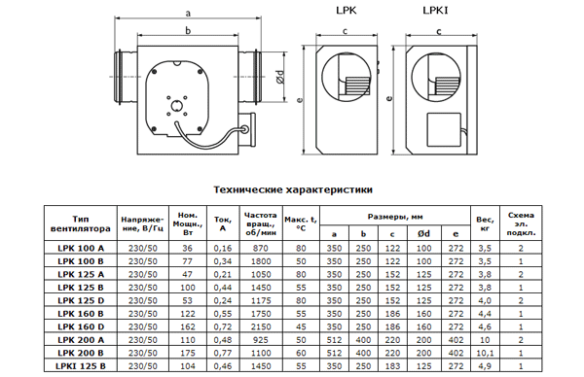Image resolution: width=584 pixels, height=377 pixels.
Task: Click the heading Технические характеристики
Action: [x=293, y=189]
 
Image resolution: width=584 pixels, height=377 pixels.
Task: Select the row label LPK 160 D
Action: [x=81, y=326]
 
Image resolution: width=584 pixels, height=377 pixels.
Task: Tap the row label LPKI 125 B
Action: [x=81, y=366]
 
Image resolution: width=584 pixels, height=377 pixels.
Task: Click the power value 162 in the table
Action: [x=187, y=326]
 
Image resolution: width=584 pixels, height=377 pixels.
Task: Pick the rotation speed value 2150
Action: [x=261, y=326]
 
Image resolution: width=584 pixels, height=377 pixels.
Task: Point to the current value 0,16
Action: [x=223, y=249]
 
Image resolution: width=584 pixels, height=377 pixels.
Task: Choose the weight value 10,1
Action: [x=485, y=354]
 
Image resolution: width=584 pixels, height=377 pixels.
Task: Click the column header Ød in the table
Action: [x=423, y=233]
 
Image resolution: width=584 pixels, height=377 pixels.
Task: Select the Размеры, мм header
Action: [x=395, y=217]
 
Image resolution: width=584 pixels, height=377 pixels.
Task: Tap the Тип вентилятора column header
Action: [x=81, y=223]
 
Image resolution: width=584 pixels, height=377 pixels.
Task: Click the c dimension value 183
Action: [x=392, y=366]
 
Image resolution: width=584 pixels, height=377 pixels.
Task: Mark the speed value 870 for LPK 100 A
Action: [x=261, y=249]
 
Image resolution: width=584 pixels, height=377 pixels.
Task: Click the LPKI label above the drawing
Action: [x=435, y=11]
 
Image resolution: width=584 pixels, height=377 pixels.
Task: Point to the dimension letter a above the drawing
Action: [x=188, y=14]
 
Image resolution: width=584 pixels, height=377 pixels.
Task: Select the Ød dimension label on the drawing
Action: [x=280, y=77]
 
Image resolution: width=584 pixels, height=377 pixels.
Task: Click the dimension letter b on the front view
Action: [x=188, y=30]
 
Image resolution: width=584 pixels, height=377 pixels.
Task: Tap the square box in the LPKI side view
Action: [x=444, y=129]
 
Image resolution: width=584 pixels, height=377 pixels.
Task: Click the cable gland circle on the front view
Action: [x=245, y=129]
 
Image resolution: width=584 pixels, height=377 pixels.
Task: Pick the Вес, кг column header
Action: [x=485, y=223]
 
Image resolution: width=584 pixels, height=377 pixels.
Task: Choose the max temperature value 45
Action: [x=301, y=326]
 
